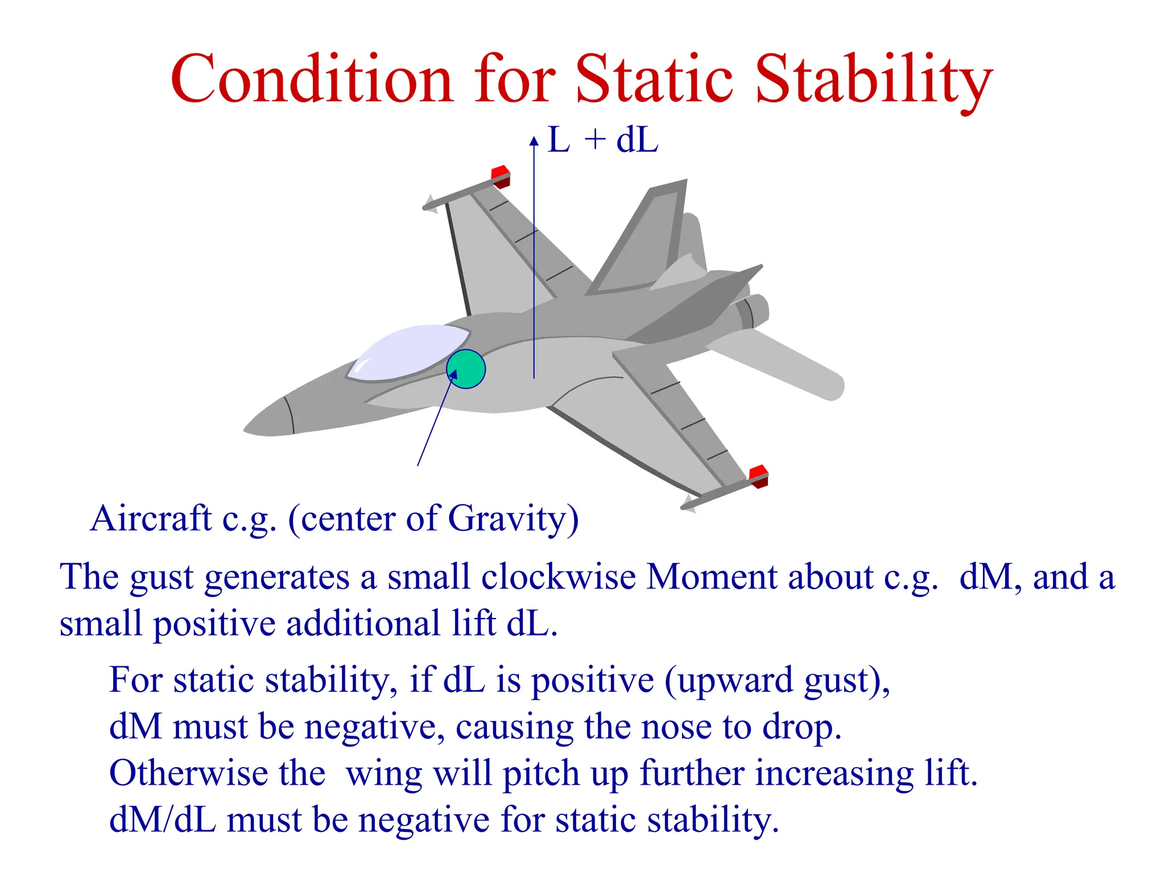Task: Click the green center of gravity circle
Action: point(466,369)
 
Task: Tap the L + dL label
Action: point(602,140)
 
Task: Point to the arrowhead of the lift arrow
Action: point(534,141)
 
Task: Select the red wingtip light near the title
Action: point(501,175)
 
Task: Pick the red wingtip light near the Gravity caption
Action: point(758,476)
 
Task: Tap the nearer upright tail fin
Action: point(643,239)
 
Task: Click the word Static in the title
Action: point(654,80)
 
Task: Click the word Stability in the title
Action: point(873,80)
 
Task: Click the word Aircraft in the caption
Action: point(151,518)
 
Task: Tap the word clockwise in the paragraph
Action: point(558,577)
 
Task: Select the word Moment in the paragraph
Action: point(711,577)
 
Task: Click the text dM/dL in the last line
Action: point(162,820)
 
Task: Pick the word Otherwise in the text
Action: point(188,773)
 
